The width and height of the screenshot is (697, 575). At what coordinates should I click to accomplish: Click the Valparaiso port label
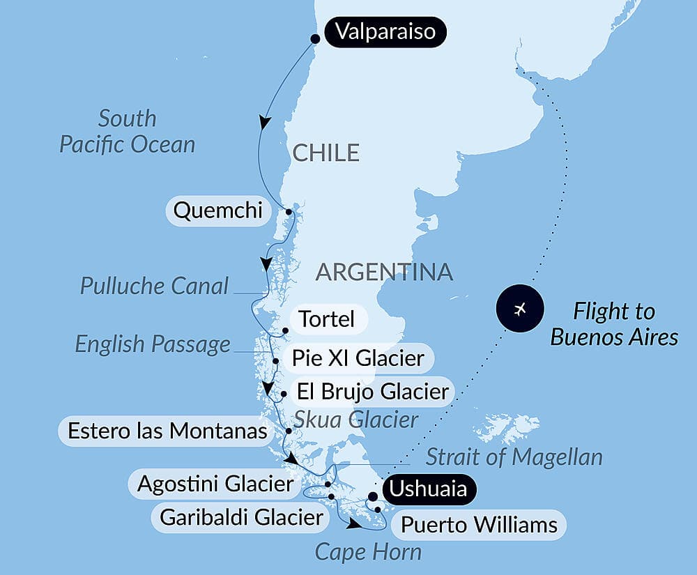click(385, 32)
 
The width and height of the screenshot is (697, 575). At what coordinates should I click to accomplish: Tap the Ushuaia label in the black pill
click(428, 489)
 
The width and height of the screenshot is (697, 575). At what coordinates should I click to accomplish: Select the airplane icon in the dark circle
click(519, 309)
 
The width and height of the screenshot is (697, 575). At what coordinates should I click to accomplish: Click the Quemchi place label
click(217, 210)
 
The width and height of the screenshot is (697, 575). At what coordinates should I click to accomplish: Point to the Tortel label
click(326, 320)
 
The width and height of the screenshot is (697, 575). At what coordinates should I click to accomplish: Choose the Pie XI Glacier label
click(358, 359)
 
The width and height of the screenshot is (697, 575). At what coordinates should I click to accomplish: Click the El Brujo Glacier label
click(372, 392)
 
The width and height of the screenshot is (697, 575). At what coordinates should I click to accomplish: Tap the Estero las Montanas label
click(167, 431)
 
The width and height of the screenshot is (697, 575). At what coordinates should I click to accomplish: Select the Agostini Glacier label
click(215, 484)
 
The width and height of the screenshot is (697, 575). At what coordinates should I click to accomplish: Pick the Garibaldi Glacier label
click(242, 518)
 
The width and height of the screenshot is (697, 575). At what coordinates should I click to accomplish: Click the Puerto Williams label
click(479, 524)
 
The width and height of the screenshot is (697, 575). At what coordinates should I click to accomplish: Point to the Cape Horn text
click(368, 552)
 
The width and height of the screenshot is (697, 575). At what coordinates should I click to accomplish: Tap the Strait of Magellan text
click(514, 457)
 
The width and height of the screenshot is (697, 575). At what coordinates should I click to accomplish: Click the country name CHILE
click(325, 153)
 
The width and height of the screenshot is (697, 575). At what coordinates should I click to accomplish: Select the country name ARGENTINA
click(384, 272)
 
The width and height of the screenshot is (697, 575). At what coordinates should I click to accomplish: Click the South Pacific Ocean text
click(127, 132)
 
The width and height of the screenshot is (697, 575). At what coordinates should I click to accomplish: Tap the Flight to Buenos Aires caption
click(614, 324)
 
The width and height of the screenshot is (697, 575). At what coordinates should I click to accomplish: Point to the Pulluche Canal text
click(154, 286)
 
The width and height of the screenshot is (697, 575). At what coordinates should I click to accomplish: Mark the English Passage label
click(153, 344)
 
